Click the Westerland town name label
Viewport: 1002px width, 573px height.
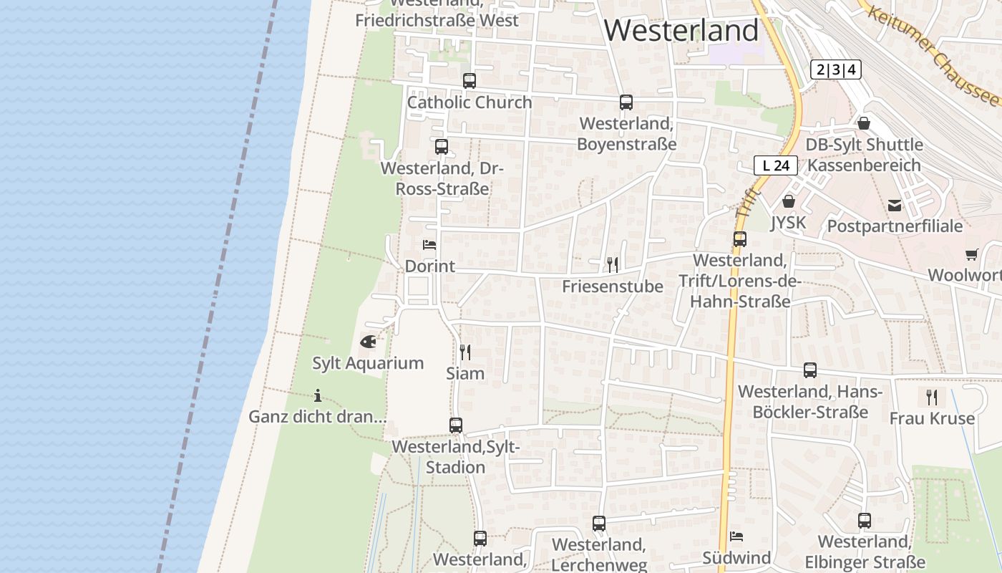pos(681,30)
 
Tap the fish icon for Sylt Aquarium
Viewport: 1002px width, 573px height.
pos(368,342)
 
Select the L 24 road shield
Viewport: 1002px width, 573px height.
pos(776,165)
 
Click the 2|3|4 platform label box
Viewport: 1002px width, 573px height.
pos(835,69)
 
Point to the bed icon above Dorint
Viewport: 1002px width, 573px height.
pos(429,245)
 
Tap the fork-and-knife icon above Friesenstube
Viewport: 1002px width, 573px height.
pos(613,265)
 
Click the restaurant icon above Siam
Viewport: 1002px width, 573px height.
pos(465,352)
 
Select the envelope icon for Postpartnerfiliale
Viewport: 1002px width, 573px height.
pos(895,206)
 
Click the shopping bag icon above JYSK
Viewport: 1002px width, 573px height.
pos(788,201)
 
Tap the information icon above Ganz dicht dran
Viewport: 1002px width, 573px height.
pos(318,395)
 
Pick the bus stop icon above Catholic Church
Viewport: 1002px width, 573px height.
pos(470,81)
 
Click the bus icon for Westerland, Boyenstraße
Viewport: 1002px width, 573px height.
pos(626,102)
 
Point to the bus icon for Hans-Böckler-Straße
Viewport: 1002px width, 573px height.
pos(810,370)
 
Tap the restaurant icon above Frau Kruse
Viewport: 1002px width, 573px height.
pos(932,397)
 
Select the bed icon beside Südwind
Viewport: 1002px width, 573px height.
pos(736,536)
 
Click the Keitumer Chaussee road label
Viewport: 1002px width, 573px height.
pos(931,52)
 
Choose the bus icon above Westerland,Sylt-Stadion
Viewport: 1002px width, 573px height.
pos(456,425)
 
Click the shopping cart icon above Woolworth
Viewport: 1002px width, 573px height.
pos(972,254)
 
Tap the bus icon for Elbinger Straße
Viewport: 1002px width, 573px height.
pos(865,521)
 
